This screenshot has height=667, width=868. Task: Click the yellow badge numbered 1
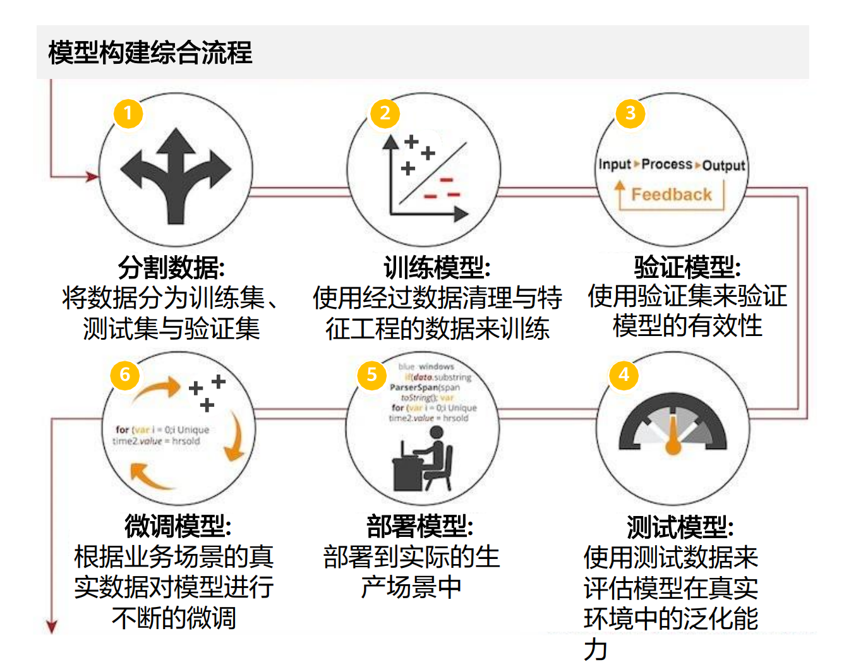tap(128, 114)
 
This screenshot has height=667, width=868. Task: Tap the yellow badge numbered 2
tap(385, 114)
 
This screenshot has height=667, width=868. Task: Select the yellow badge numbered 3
tap(630, 114)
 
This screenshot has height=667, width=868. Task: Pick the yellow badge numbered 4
tap(624, 375)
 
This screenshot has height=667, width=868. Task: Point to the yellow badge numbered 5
tap(371, 375)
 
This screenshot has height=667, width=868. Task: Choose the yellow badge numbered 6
tap(124, 375)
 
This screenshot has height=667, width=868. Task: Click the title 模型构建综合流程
tap(150, 52)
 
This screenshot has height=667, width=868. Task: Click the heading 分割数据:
tap(172, 267)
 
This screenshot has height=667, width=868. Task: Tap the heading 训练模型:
tap(437, 267)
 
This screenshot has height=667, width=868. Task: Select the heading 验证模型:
tap(687, 267)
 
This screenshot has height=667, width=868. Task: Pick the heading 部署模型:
tap(420, 526)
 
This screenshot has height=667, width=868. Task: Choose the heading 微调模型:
tap(178, 526)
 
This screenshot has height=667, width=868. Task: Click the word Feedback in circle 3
tap(672, 195)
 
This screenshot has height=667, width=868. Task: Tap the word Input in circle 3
tap(614, 165)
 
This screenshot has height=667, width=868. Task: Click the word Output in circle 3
tap(724, 165)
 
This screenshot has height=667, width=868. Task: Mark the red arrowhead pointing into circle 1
tap(93, 176)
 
